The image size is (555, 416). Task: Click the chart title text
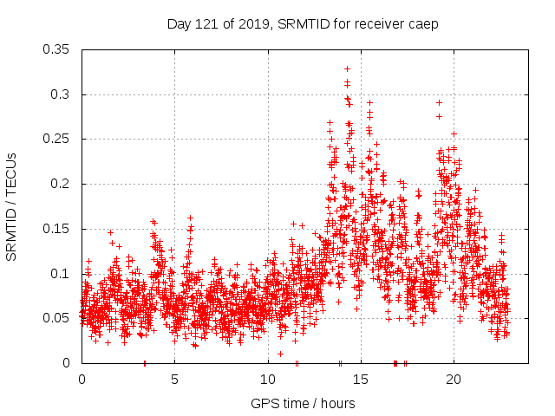tap(303, 23)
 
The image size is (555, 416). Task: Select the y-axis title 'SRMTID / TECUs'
tap(11, 206)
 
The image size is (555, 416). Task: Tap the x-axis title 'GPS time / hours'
tap(304, 403)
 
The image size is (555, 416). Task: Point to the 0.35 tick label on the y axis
tap(56, 49)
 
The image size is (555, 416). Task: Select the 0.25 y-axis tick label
tap(56, 139)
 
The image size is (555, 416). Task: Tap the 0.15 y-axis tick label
tap(56, 229)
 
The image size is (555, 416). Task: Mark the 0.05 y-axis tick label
tap(56, 318)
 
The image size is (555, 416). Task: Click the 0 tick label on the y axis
tap(69, 363)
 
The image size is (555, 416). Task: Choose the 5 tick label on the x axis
tap(174, 380)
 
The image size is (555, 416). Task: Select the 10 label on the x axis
tap(267, 380)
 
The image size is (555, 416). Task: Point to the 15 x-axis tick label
tap(360, 380)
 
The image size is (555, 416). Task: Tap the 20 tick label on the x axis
tap(453, 380)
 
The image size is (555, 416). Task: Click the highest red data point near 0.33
tap(347, 68)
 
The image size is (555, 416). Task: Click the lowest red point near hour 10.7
tap(280, 354)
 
